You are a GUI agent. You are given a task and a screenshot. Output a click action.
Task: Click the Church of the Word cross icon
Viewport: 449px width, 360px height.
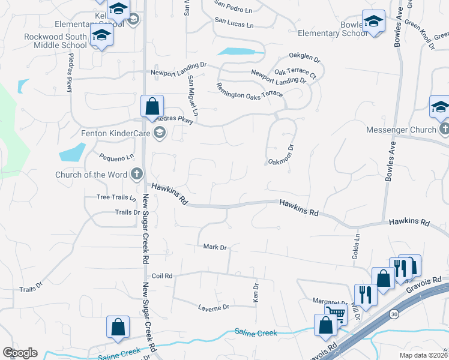coord(137,175)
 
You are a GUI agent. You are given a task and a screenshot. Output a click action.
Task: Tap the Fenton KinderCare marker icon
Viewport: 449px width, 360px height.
coord(159,134)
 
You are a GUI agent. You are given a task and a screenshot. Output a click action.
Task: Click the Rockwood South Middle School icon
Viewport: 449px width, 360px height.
coord(101,37)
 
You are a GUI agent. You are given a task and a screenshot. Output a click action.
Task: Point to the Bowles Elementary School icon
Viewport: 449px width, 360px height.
coord(374,22)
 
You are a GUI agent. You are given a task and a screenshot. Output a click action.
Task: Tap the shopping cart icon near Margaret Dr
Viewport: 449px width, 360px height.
coord(336,312)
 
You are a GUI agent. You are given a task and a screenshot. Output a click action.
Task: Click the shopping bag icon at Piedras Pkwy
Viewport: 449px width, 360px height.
coord(152,106)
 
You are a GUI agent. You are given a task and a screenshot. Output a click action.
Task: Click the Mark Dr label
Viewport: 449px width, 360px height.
coord(214,247)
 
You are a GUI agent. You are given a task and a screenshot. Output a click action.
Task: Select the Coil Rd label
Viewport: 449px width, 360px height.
coord(162,276)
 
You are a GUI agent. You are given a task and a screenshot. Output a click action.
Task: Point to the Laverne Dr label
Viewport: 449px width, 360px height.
coord(214,307)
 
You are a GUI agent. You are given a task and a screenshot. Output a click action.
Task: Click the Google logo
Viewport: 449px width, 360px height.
coord(20,353)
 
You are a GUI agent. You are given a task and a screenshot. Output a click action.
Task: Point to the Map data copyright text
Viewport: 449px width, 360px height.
coord(423,355)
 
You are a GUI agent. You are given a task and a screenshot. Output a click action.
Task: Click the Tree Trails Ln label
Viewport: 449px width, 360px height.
coord(113,197)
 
